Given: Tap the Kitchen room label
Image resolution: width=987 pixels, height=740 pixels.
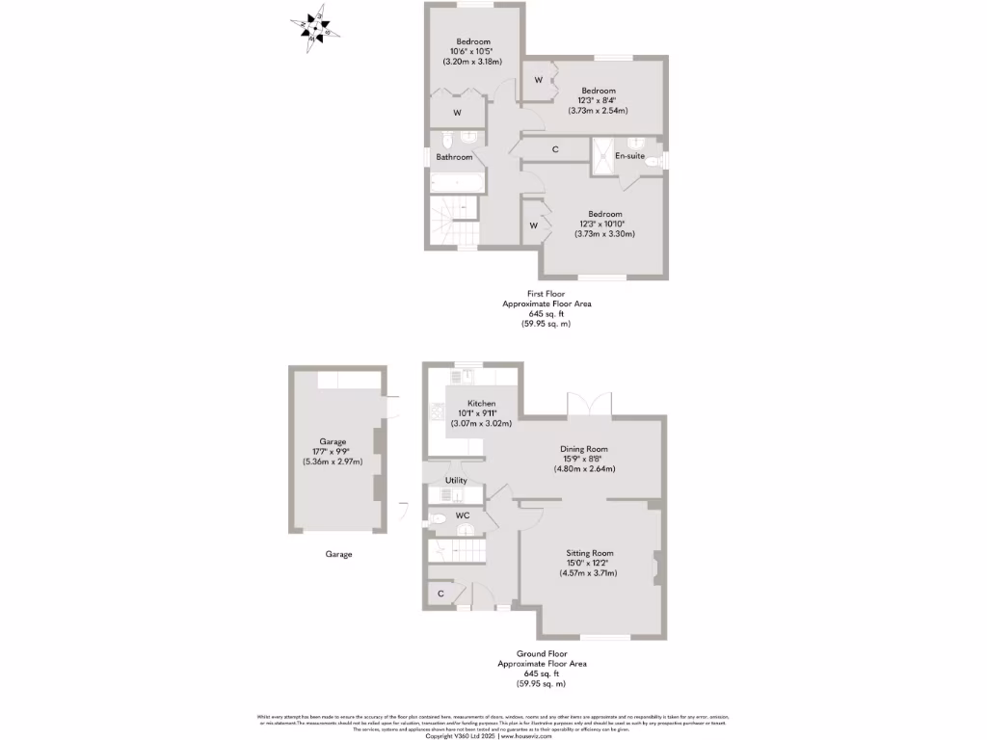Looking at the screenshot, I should click(x=482, y=403).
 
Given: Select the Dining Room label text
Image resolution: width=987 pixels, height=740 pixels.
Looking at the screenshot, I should click(x=584, y=448).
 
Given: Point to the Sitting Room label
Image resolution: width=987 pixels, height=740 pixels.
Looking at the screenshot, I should click(x=589, y=553).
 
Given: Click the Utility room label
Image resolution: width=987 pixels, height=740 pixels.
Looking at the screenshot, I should click(x=456, y=480).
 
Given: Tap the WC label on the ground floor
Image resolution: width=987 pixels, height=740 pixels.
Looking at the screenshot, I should click(x=462, y=515).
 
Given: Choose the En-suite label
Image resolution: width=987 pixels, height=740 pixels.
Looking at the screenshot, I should click(x=629, y=155).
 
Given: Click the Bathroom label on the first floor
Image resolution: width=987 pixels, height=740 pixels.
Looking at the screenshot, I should click(x=454, y=157).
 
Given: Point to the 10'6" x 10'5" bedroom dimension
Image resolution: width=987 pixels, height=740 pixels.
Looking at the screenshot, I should click(x=473, y=51).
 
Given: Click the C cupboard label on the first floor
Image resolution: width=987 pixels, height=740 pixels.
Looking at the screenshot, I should click(x=555, y=149).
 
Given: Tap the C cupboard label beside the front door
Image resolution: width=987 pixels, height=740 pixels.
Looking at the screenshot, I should click(x=440, y=594).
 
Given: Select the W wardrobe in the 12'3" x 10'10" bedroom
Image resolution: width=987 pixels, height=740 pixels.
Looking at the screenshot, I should click(x=533, y=225).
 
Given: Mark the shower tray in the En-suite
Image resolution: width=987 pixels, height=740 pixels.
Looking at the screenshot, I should click(x=603, y=156).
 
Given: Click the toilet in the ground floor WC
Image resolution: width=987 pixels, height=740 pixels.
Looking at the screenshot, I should click(x=438, y=519).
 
